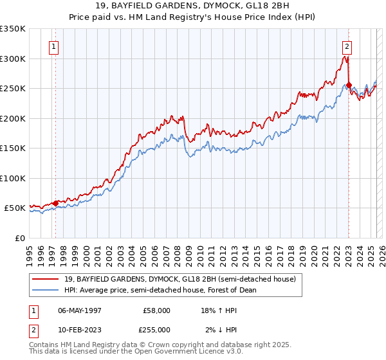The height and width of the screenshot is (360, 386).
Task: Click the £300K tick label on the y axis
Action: pos(13,59)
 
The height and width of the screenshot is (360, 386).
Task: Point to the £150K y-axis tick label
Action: pos(13,148)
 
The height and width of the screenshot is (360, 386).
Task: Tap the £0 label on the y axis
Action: pos(21,238)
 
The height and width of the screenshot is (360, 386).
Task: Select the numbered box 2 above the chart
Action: pos(347,46)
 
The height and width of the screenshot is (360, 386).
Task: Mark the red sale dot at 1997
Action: pos(56,203)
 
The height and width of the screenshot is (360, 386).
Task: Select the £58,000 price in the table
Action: pos(157,310)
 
